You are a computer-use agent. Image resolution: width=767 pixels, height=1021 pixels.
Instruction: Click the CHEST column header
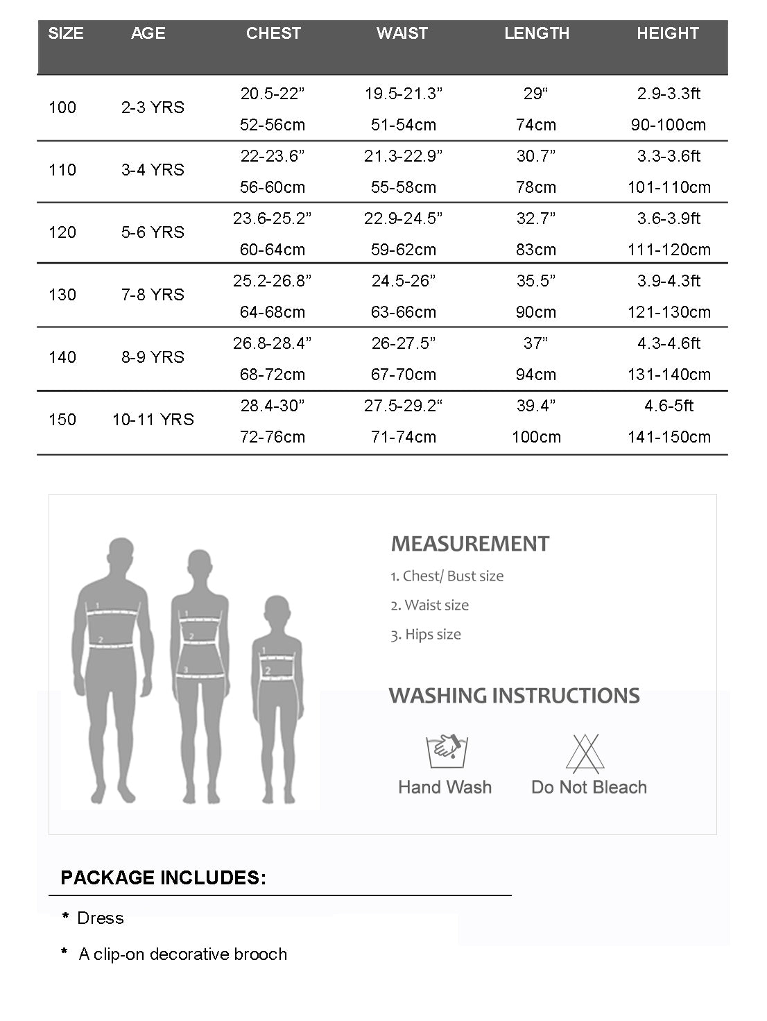coord(273,33)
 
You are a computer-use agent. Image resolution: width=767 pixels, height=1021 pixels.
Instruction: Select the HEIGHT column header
coord(667,33)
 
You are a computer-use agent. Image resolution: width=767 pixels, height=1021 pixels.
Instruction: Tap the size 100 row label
coord(62,108)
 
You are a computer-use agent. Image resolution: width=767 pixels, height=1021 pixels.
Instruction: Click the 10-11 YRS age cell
coord(153,420)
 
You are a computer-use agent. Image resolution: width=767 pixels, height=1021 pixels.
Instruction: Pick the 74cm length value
coord(536,125)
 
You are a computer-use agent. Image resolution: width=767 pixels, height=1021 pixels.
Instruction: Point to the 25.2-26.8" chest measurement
coord(272,281)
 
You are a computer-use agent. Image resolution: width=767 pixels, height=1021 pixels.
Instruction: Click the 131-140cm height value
coord(669,375)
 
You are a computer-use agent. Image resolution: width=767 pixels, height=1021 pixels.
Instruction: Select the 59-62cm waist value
coord(404,250)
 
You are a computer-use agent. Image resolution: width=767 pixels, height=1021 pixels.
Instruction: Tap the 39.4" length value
coord(536,406)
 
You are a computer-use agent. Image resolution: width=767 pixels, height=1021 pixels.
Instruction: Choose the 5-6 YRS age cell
coord(153,232)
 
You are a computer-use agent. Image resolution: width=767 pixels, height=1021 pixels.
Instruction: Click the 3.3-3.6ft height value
coord(669,156)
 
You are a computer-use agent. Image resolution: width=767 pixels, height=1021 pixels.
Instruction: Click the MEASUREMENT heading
coord(470,544)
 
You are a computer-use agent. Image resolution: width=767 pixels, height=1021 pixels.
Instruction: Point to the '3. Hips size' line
coord(426,635)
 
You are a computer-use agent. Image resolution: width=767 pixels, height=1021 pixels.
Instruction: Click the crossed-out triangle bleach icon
coord(585,753)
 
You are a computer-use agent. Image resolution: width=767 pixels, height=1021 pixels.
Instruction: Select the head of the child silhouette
coord(277,613)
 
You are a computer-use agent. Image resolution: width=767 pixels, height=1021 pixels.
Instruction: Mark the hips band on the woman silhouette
coord(201,673)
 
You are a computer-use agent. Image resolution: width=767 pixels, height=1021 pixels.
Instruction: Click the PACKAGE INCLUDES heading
coord(163,877)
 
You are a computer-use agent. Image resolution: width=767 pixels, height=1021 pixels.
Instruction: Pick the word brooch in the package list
coord(261,954)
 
